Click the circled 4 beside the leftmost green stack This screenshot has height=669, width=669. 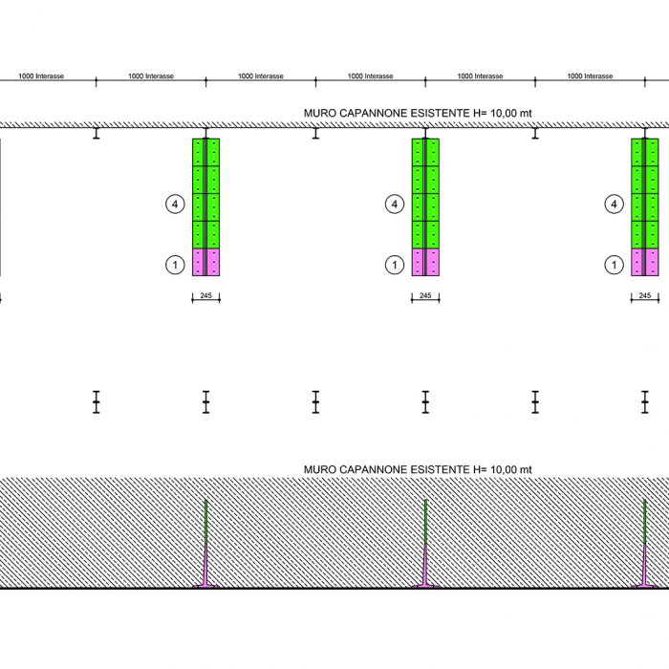pyautogui.click(x=174, y=204)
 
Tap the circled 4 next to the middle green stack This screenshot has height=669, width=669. pyautogui.click(x=394, y=204)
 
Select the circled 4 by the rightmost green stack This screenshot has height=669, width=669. pyautogui.click(x=613, y=204)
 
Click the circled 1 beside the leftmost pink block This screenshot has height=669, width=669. pyautogui.click(x=174, y=265)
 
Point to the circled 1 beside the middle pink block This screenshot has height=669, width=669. pyautogui.click(x=394, y=265)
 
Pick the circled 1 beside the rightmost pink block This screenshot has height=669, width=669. pyautogui.click(x=613, y=265)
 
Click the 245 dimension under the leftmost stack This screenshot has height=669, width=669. pyautogui.click(x=205, y=295)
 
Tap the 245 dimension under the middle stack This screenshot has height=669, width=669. pyautogui.click(x=425, y=295)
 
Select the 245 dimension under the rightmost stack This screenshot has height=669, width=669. pyautogui.click(x=645, y=295)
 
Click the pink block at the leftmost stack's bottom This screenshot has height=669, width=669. pyautogui.click(x=205, y=262)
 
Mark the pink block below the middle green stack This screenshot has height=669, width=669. pyautogui.click(x=425, y=262)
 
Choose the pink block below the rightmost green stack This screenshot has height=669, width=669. pyautogui.click(x=645, y=262)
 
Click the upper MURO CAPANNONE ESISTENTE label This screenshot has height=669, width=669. pyautogui.click(x=417, y=113)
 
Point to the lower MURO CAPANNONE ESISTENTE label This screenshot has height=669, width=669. pyautogui.click(x=417, y=469)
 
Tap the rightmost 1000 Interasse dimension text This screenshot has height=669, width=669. pyautogui.click(x=590, y=76)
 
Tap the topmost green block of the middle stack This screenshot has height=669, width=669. pyautogui.click(x=425, y=152)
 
